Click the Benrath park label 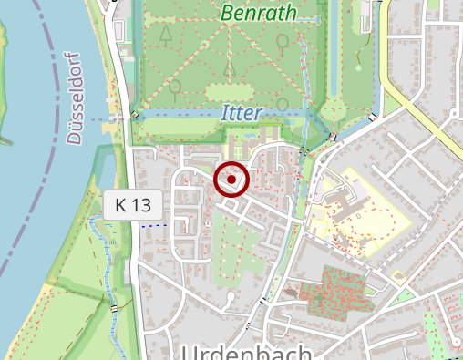click(259, 14)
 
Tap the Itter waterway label click(242, 114)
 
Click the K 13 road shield click(133, 205)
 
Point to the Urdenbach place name click(247, 352)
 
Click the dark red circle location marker click(231, 180)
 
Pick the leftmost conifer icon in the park click(166, 34)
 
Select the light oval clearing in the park click(230, 92)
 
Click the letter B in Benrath click(228, 14)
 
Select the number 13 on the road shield click(140, 205)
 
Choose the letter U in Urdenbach click(190, 353)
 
